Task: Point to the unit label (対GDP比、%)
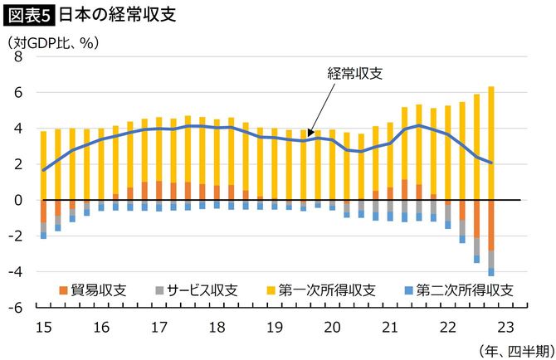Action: [x=54, y=41]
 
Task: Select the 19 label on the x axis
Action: [x=274, y=325]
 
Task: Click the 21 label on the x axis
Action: [x=391, y=325]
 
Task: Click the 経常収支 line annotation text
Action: [x=355, y=72]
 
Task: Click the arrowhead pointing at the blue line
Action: [x=308, y=133]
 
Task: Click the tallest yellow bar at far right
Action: [x=491, y=141]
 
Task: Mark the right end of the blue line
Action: [x=491, y=163]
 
